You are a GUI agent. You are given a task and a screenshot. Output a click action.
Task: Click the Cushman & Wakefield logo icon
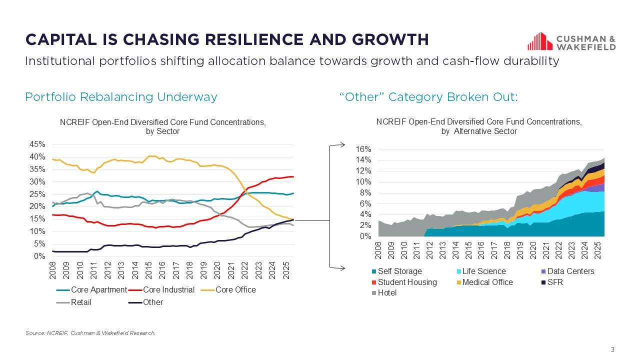click(539, 41)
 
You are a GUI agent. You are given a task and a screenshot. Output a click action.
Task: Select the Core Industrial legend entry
click(168, 290)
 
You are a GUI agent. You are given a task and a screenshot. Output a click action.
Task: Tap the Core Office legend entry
click(235, 290)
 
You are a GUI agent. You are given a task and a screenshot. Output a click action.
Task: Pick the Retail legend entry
click(81, 302)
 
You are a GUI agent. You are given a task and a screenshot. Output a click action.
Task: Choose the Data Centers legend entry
click(570, 271)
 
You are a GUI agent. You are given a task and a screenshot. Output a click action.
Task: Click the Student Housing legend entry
click(407, 282)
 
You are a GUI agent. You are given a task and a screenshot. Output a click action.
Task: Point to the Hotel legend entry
click(387, 292)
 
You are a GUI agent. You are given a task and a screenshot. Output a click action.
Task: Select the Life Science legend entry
click(484, 271)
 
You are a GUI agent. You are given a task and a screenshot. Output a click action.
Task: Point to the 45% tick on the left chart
click(37, 144)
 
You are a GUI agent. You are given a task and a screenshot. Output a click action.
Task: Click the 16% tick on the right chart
click(363, 149)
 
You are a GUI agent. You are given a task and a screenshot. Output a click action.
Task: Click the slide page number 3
click(612, 349)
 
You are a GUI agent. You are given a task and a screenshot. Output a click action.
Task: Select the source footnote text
click(90, 333)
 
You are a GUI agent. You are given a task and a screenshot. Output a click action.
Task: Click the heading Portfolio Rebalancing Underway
click(121, 97)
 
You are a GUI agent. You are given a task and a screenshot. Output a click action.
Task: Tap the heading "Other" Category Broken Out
click(428, 97)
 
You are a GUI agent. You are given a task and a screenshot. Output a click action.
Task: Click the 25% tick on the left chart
click(37, 194)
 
